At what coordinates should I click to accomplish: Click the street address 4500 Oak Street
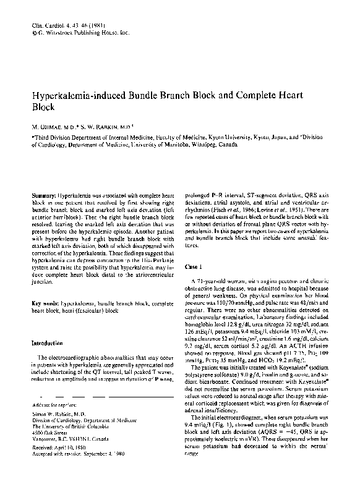pyautogui.click(x=49, y=432)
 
